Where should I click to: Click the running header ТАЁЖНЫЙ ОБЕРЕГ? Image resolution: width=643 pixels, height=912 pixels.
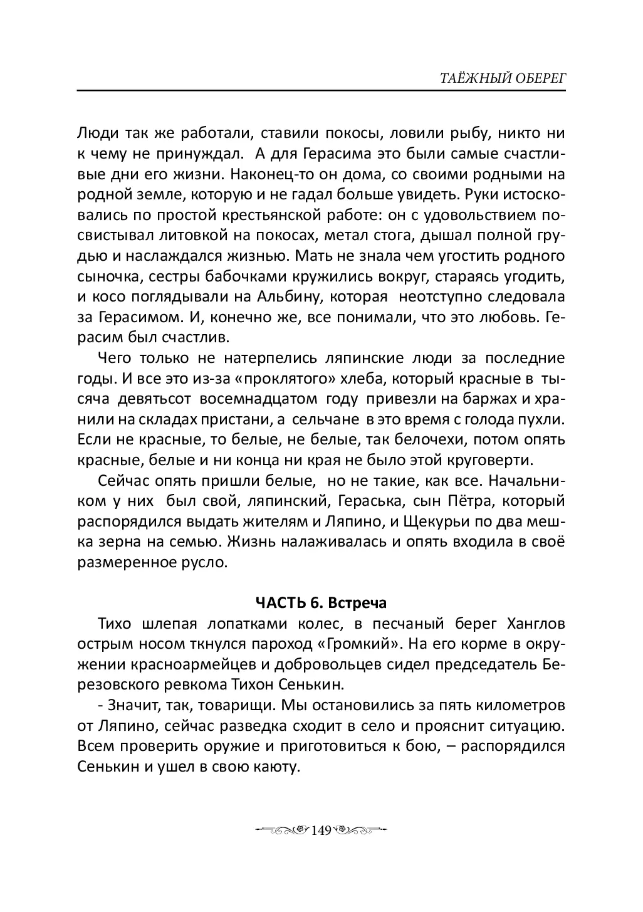pos(493,77)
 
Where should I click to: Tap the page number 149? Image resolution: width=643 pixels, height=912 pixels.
pos(320,830)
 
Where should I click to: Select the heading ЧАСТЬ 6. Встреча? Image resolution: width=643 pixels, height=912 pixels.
pos(321,603)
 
